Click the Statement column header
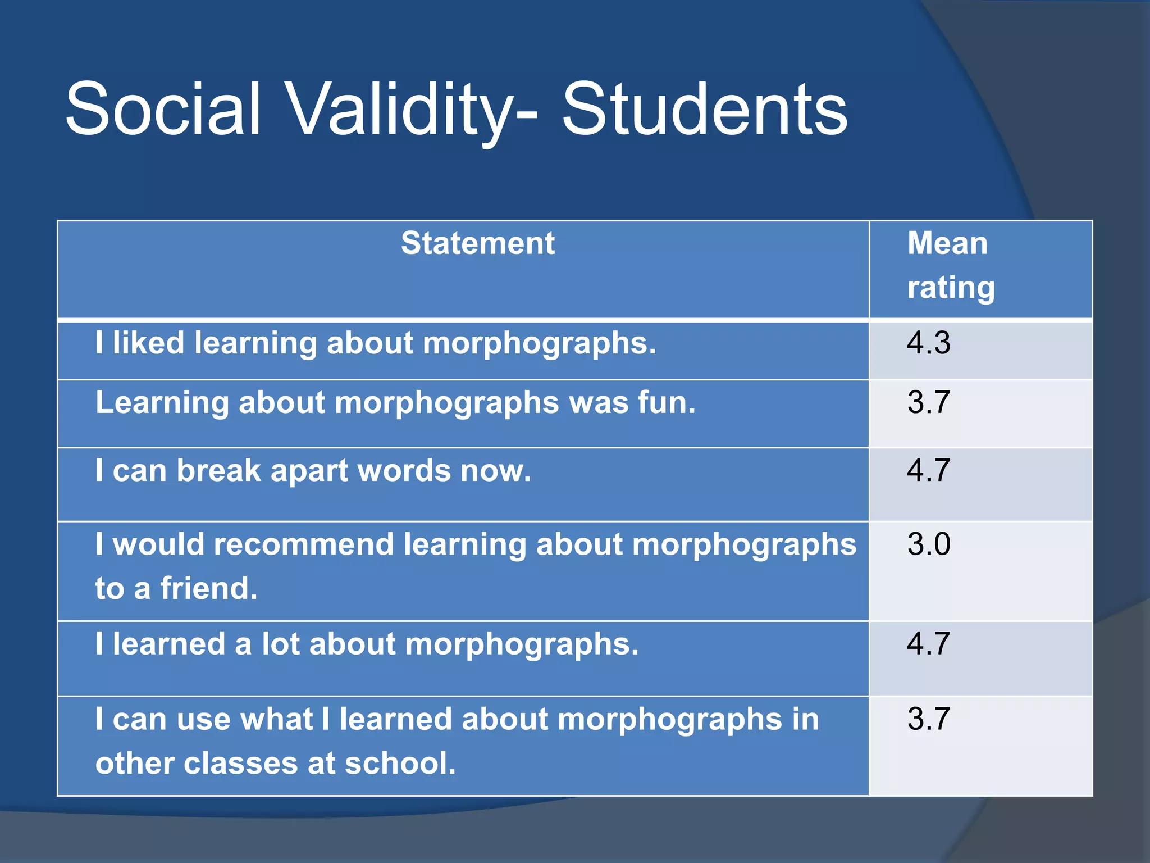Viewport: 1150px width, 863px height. tap(478, 243)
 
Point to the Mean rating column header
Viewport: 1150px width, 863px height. tap(950, 265)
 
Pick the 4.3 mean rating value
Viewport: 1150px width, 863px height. tap(929, 343)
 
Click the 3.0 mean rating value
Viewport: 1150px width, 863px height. tap(929, 544)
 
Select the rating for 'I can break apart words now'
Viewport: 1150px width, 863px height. tap(929, 470)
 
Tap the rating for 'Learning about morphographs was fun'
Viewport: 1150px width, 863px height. tap(929, 402)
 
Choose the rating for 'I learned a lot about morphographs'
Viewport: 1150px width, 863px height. tap(929, 643)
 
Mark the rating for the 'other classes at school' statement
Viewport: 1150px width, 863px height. tap(929, 719)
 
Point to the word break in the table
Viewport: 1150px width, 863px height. tap(219, 470)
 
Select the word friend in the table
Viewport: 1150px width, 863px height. tap(208, 588)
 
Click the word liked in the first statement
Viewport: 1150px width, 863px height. tap(148, 343)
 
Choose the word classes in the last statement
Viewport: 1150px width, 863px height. tap(241, 763)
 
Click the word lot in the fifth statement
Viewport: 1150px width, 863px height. tap(280, 644)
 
